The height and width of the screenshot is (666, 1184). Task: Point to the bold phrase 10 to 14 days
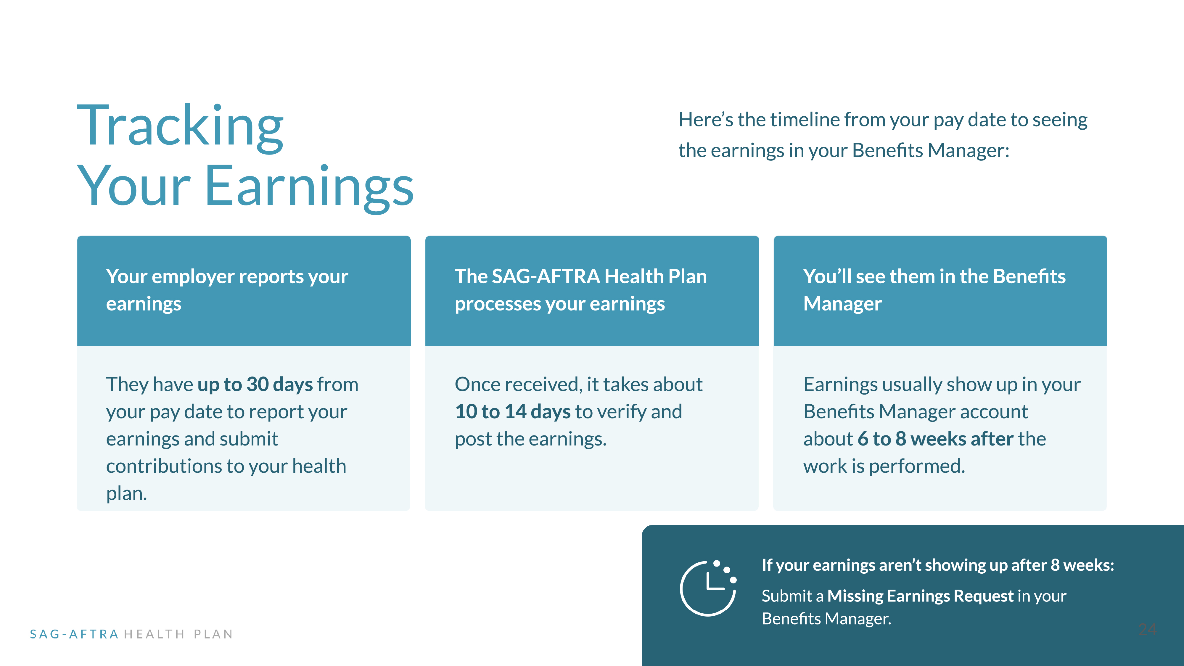click(512, 411)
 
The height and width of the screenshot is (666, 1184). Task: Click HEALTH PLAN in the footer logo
click(178, 634)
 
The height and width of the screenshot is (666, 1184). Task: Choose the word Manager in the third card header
click(842, 304)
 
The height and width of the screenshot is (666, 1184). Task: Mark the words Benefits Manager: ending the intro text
click(930, 151)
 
